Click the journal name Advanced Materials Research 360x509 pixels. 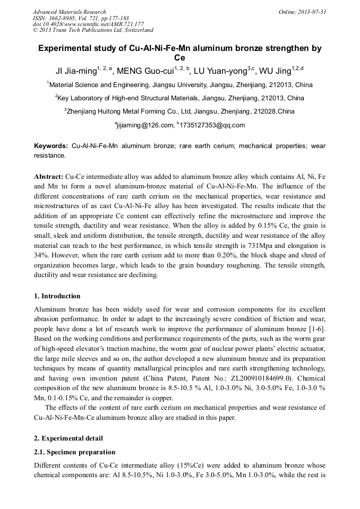point(69,12)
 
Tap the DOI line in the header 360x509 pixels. point(88,24)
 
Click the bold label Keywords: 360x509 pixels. point(51,145)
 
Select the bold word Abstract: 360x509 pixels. point(48,175)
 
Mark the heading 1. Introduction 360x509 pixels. point(57,296)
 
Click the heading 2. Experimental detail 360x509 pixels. point(68,438)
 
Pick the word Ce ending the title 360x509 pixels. point(179,58)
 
